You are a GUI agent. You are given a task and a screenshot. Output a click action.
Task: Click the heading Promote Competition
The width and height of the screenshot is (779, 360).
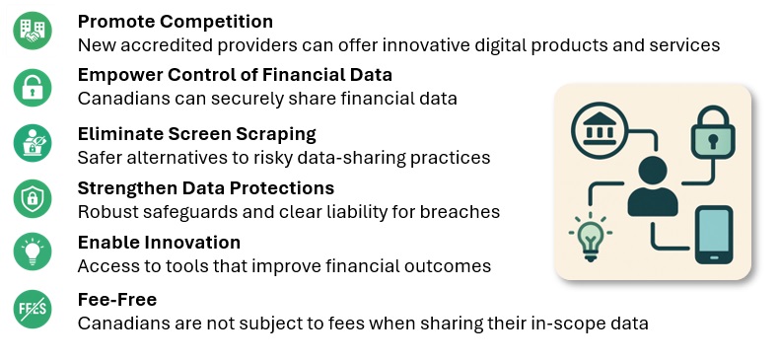pyautogui.click(x=175, y=21)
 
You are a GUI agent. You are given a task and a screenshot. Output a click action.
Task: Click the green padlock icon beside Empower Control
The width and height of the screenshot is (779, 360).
pyautogui.click(x=32, y=87)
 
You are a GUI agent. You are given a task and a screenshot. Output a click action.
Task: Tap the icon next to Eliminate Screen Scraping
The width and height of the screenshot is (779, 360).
pyautogui.click(x=32, y=143)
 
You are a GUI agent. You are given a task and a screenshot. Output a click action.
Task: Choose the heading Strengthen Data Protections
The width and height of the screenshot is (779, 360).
pyautogui.click(x=206, y=187)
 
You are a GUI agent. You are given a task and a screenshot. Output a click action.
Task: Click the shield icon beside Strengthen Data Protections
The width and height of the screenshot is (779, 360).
pyautogui.click(x=32, y=198)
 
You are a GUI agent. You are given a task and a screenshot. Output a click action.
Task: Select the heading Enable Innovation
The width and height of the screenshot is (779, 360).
pyautogui.click(x=158, y=242)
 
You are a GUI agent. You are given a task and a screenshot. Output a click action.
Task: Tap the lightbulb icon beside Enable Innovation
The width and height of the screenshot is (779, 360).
pyautogui.click(x=32, y=252)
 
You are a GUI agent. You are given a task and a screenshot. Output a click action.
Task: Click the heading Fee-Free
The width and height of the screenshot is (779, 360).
pyautogui.click(x=116, y=300)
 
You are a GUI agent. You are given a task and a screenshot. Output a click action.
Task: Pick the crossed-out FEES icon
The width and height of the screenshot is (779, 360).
pyautogui.click(x=32, y=310)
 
